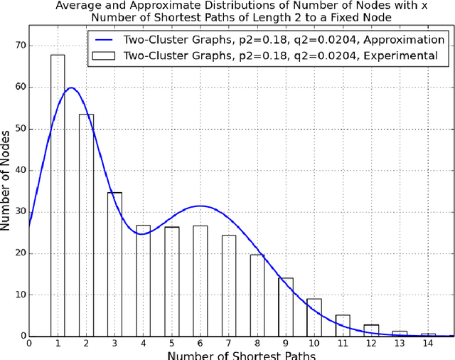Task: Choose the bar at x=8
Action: click(x=257, y=295)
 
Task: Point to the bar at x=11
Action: click(x=342, y=325)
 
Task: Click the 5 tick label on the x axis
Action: click(x=171, y=343)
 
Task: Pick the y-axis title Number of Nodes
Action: click(x=7, y=181)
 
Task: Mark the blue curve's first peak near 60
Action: click(x=70, y=88)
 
